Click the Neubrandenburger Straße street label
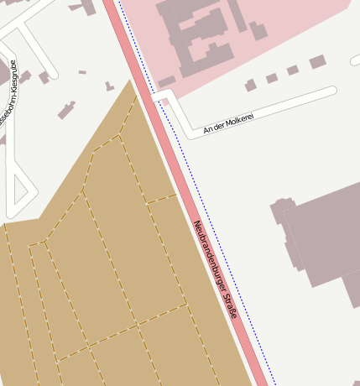tap(216, 269)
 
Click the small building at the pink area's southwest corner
tap(166, 81)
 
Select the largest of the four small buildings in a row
tap(317, 61)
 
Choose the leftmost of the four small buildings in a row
tap(250, 85)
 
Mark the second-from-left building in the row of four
tap(272, 78)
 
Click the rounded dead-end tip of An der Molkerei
tap(332, 91)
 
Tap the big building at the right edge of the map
tap(323, 239)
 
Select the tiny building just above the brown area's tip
tap(109, 86)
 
